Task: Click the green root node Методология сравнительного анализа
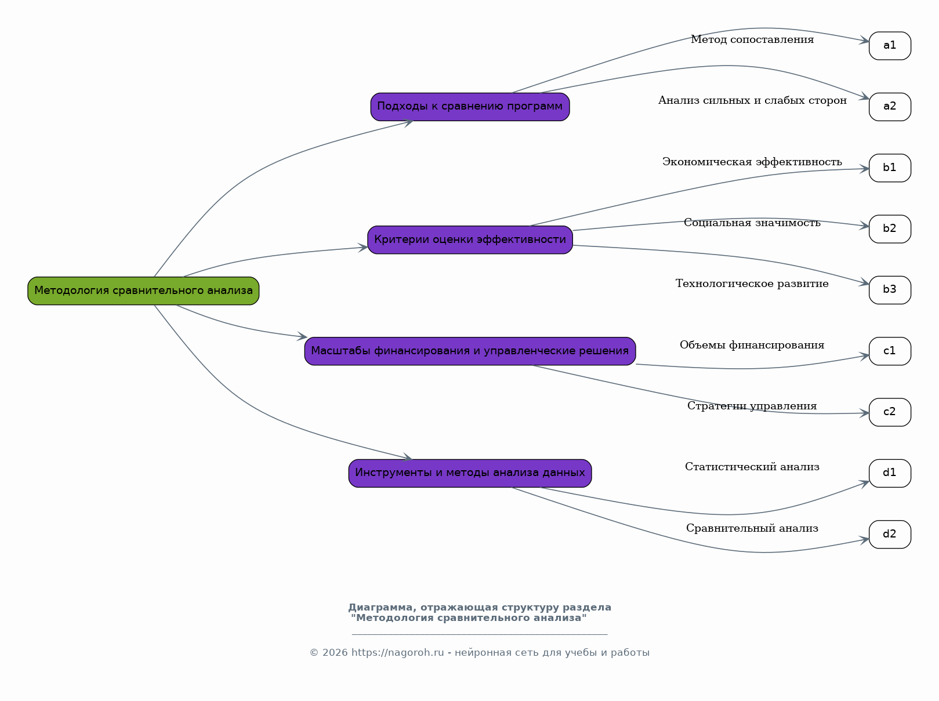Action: click(143, 291)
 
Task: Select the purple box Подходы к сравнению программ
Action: click(470, 107)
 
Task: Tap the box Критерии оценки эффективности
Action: click(470, 240)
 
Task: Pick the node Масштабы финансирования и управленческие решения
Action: click(470, 351)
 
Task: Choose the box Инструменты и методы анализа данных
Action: click(470, 474)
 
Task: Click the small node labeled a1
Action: click(890, 46)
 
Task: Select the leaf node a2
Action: click(890, 107)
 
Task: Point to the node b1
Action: click(890, 168)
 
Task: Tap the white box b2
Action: click(890, 229)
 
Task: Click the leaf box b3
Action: click(890, 290)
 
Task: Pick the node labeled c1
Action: click(890, 351)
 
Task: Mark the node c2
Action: click(890, 412)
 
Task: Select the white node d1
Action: click(890, 474)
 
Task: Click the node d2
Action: click(890, 535)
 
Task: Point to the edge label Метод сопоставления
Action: click(752, 40)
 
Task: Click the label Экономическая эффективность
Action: click(752, 162)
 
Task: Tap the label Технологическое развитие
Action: click(752, 284)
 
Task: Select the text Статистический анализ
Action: click(752, 467)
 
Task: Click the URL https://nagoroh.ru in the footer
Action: click(397, 653)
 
